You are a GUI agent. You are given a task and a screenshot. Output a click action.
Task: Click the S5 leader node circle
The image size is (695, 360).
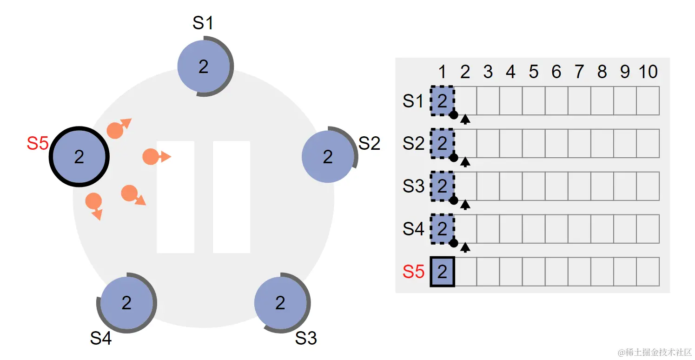tap(79, 156)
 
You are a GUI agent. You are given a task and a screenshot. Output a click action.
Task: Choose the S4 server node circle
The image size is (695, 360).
tap(127, 303)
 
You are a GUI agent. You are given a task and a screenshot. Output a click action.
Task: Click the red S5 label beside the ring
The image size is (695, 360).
tap(38, 143)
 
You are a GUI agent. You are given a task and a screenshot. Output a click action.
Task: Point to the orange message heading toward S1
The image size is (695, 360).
tap(119, 128)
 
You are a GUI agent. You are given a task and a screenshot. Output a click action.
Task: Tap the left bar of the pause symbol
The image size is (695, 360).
tap(176, 197)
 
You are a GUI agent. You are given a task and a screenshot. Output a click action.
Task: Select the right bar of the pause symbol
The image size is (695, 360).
tap(232, 197)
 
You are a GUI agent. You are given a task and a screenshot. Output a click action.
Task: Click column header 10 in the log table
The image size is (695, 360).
tap(648, 72)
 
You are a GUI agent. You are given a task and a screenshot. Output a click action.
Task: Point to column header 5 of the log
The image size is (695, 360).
tap(534, 72)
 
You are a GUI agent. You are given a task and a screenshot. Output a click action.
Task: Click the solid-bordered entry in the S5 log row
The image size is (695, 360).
tap(443, 272)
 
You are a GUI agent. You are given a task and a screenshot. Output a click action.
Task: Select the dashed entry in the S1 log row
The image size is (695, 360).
tap(443, 101)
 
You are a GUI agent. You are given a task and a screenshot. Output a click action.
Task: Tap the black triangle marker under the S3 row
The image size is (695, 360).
tap(465, 205)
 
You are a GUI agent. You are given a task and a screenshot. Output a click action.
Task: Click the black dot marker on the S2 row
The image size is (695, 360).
tap(454, 158)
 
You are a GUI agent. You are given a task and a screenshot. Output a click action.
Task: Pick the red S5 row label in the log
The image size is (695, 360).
tap(413, 272)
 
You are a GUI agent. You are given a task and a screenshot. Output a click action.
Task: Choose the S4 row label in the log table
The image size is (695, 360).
tap(413, 229)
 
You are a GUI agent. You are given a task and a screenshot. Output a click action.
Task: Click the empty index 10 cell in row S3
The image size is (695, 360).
tap(648, 186)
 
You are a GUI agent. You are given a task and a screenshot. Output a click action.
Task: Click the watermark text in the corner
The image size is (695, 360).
tap(655, 353)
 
